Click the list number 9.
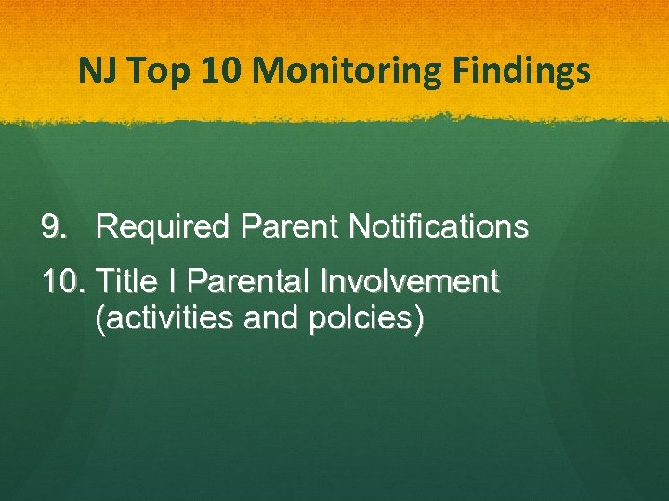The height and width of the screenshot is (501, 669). point(54,226)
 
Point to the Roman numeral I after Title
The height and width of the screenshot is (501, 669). point(177,280)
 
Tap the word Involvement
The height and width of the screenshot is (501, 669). point(410,280)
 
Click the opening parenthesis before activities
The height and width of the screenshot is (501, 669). point(101,319)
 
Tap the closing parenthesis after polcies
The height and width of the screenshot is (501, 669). point(419,319)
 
